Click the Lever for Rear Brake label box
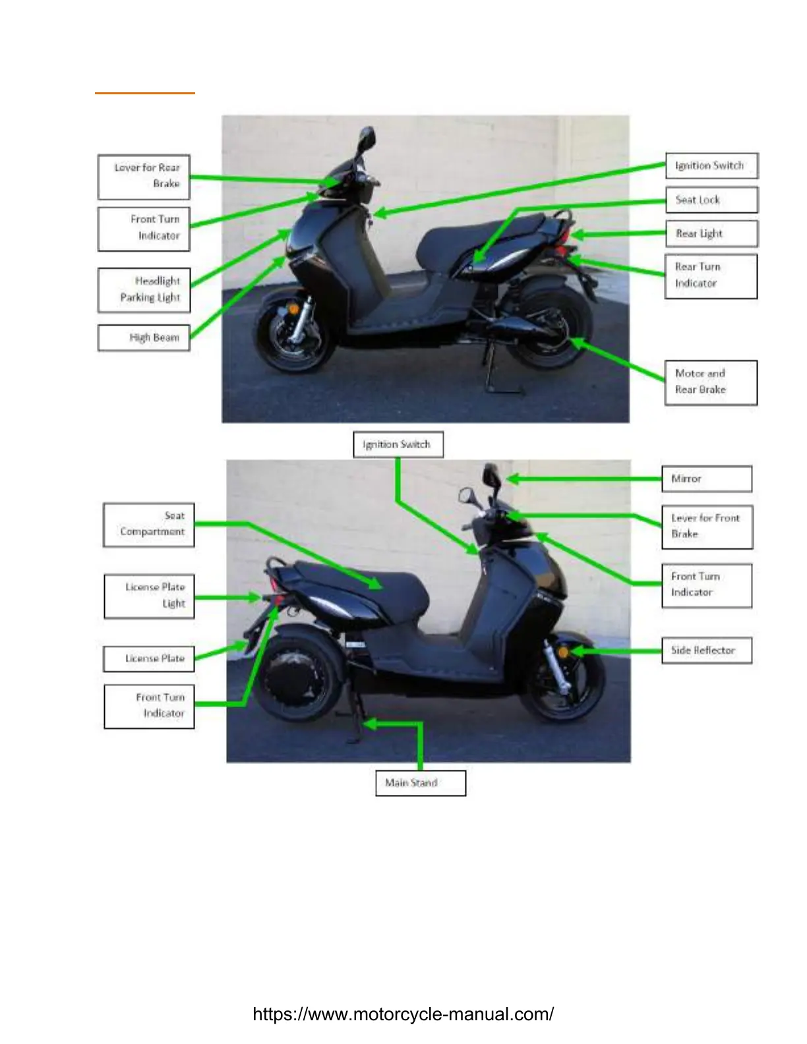coord(144,177)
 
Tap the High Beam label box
coord(144,338)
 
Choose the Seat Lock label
coord(711,200)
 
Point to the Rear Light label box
coord(711,233)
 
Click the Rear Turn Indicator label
coord(711,275)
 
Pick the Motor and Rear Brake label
coord(711,382)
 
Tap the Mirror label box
coord(707,478)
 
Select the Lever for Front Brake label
coord(707,527)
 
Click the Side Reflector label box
coord(707,651)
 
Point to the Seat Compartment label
coord(149,524)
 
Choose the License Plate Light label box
coord(149,596)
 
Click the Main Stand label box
coord(421,783)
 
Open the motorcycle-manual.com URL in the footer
coord(403,1014)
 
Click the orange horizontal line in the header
coord(144,93)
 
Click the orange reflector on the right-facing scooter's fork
coord(564,651)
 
